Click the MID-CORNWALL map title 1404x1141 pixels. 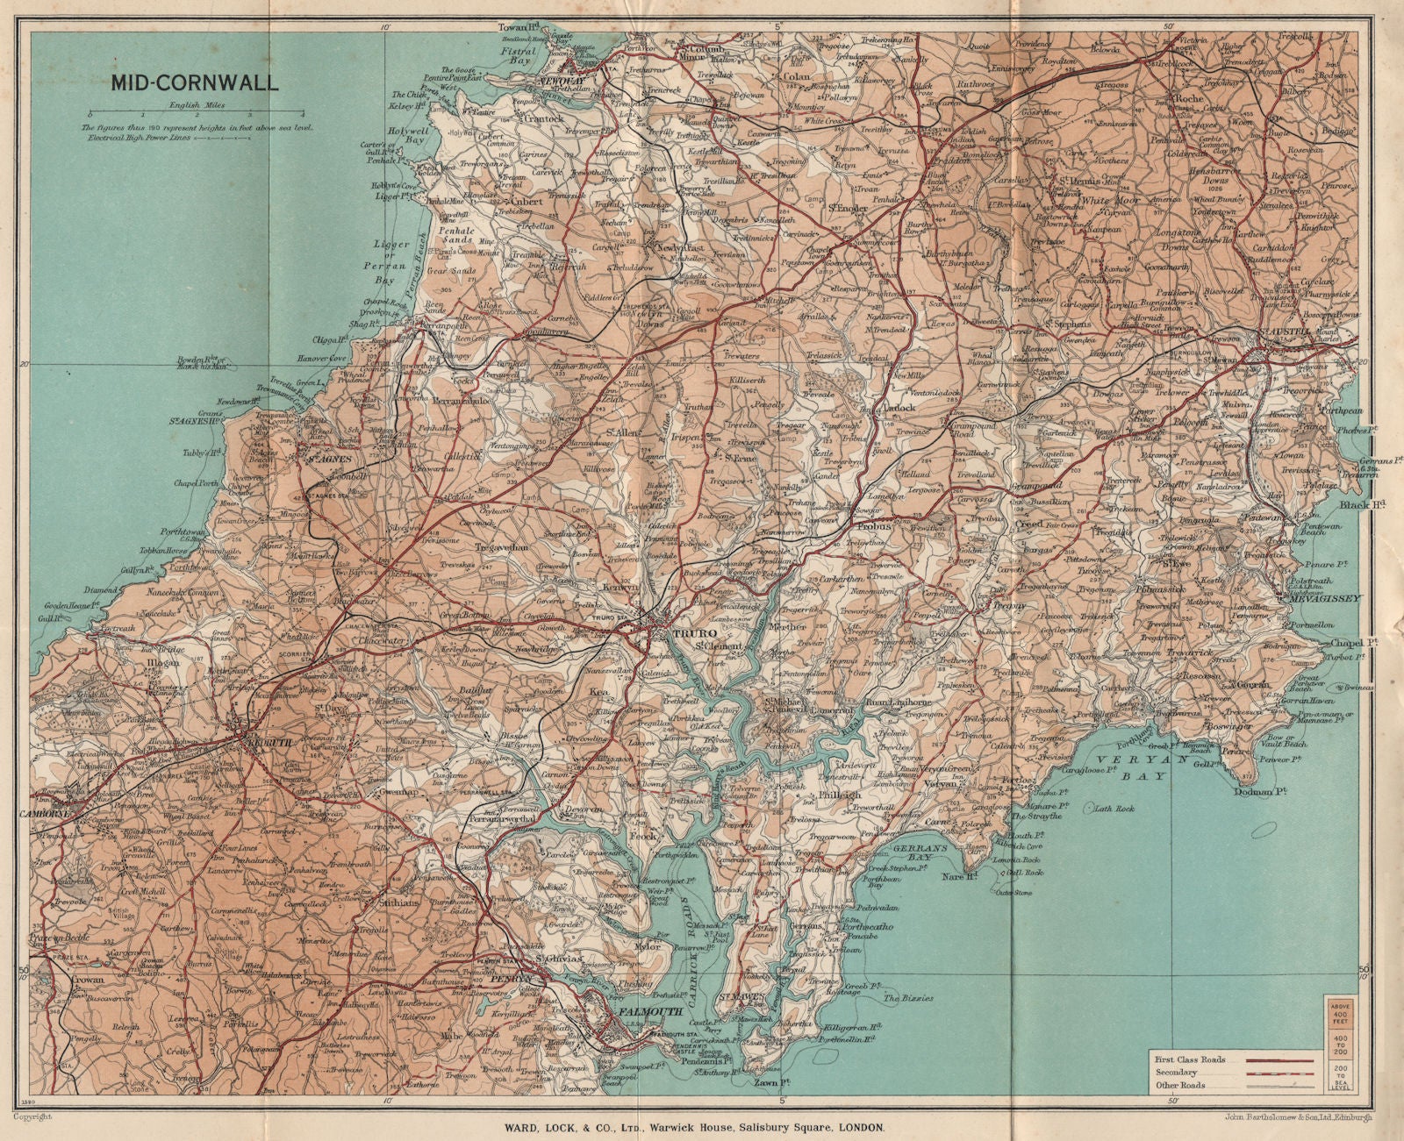pyautogui.click(x=195, y=84)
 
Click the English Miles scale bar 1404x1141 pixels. pyautogui.click(x=195, y=116)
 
